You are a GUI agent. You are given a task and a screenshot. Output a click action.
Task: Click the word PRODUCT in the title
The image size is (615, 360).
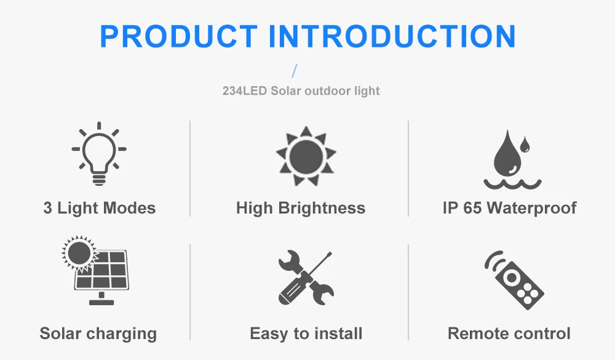179,36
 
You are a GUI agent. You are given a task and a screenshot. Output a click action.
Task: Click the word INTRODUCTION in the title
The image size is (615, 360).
392,36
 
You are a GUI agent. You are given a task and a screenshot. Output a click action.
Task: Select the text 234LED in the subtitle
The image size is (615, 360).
243,91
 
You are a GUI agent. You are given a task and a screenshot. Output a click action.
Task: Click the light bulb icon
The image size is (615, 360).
99,153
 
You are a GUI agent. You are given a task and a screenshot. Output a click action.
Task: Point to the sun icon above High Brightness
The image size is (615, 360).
306,154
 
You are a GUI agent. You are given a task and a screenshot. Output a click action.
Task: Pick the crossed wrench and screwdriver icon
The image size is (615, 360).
306,278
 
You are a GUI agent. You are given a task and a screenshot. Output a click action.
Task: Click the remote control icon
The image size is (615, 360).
515,279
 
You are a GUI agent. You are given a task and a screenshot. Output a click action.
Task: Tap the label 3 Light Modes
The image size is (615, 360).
100,208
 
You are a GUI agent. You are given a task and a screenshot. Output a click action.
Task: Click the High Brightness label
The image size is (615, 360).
301,208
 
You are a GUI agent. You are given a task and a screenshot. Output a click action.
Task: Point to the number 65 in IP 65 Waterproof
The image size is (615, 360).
472,208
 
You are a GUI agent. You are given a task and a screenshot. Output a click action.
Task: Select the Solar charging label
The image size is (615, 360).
98,334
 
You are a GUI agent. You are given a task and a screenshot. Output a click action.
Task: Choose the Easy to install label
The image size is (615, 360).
306,334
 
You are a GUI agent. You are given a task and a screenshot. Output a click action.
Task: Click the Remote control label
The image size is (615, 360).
509,334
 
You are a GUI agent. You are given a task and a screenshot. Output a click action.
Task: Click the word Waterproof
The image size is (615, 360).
532,208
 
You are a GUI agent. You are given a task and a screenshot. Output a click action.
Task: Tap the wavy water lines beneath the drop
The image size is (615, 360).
512,183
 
